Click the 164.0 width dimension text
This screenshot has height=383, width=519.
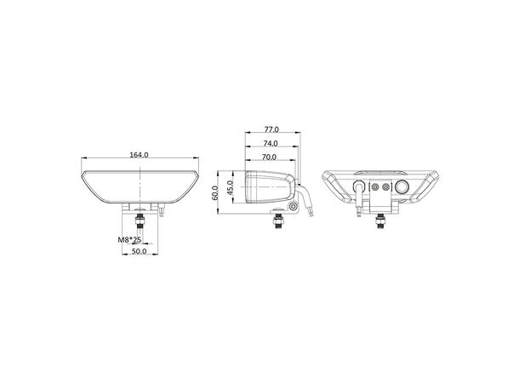coord(140,155)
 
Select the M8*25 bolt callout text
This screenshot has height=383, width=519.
coord(129,241)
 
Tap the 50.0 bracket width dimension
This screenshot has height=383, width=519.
coord(140,252)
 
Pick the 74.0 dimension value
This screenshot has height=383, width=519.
coord(271,144)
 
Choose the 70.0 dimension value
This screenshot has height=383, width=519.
coord(270,157)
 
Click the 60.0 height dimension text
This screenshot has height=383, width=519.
coord(216,192)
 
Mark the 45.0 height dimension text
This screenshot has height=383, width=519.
coord(231,188)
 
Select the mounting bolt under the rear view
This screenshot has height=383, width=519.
coord(379,222)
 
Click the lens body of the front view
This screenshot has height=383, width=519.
coord(140,186)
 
